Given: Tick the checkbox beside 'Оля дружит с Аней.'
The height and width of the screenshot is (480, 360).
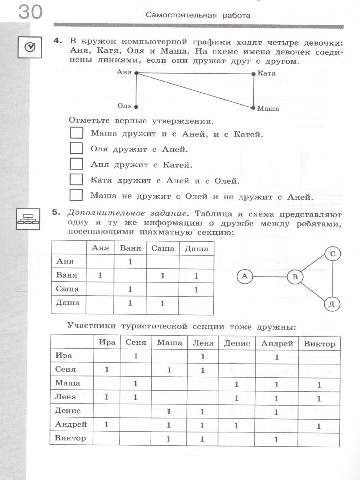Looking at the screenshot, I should [x=76, y=149].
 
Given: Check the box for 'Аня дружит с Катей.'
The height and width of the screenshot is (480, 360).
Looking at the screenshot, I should [x=76, y=164].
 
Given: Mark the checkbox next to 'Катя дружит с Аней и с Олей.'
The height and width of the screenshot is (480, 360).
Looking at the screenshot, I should [x=76, y=180].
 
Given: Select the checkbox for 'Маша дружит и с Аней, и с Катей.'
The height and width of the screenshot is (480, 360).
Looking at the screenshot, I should [x=76, y=134].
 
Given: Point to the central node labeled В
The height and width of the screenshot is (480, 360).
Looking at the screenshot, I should [x=296, y=277].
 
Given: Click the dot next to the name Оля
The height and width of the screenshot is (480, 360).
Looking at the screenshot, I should [x=136, y=107].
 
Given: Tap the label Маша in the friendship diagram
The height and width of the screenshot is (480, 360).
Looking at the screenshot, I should [x=268, y=108].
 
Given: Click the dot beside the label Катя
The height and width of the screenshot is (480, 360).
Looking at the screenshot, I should [x=254, y=74].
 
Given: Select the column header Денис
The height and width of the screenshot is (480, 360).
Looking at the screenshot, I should [x=237, y=343].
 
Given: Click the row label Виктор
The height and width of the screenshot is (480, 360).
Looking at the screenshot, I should [x=70, y=438].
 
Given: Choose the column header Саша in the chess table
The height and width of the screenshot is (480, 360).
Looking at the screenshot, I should [x=162, y=248].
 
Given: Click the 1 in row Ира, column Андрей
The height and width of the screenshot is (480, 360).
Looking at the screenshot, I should [x=277, y=357].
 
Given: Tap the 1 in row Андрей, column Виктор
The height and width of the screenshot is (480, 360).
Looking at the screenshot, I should [x=319, y=426].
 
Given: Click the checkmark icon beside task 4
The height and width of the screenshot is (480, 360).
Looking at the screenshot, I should [x=30, y=48].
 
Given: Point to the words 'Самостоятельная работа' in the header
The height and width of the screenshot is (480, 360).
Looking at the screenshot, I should [x=198, y=16].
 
